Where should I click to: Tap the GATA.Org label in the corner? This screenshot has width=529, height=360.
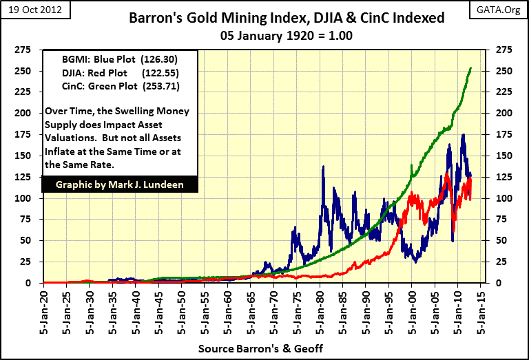pyautogui.click(x=503, y=8)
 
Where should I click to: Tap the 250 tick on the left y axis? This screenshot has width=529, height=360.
pyautogui.click(x=25, y=71)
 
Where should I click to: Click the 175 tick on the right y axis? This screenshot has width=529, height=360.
pyautogui.click(x=501, y=134)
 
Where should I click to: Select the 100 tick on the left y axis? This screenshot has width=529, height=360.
pyautogui.click(x=25, y=198)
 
